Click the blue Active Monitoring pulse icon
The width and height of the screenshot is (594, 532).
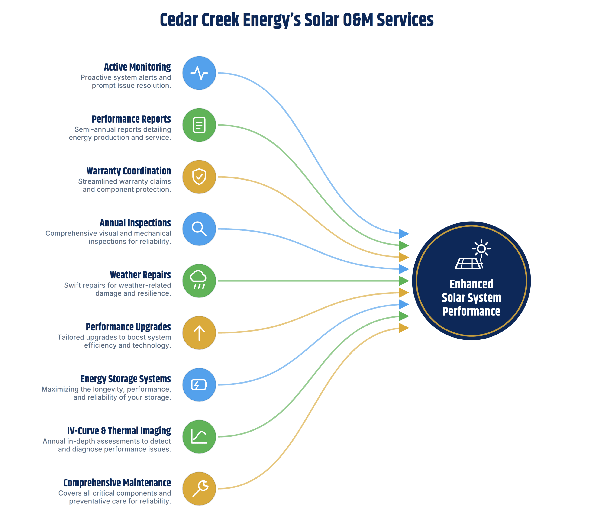click(199, 73)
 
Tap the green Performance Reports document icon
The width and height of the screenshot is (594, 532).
click(199, 125)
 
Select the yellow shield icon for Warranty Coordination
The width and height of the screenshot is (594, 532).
click(199, 177)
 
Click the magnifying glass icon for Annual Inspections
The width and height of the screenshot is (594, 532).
click(199, 229)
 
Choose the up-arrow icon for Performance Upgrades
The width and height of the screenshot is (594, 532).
click(199, 333)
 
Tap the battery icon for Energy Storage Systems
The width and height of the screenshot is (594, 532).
click(199, 385)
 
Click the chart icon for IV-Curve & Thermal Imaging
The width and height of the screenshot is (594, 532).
click(199, 437)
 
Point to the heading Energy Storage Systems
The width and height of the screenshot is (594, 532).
click(126, 379)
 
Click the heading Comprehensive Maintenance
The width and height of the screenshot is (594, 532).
click(117, 483)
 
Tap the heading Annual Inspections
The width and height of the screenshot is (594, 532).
click(135, 223)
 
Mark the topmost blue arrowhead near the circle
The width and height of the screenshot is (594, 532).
click(404, 234)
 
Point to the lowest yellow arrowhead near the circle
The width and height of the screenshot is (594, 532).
click(404, 328)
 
